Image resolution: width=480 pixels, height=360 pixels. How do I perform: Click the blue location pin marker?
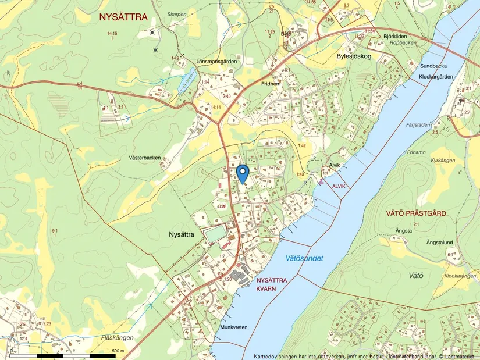[243, 173]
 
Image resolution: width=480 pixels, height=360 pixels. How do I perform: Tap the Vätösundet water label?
[304, 258]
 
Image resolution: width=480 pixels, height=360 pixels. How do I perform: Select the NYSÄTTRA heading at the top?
[123, 16]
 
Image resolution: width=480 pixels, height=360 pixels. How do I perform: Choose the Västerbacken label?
[145, 158]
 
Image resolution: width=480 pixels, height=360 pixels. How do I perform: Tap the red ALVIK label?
[339, 186]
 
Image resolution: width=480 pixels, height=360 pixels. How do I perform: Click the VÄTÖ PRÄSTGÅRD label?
[416, 213]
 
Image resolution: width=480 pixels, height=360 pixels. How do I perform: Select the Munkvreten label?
[234, 327]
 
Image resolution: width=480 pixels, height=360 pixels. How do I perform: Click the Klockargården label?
[436, 77]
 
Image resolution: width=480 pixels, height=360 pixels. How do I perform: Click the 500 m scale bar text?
[118, 351]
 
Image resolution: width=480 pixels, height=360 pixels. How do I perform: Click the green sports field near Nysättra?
[214, 234]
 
